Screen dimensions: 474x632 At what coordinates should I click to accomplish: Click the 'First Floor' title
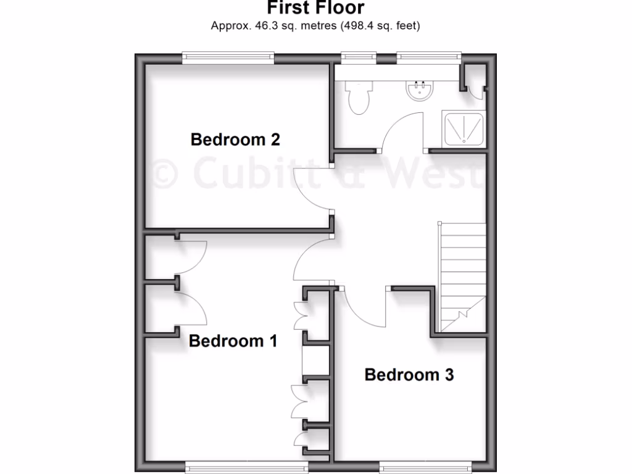(x=315, y=7)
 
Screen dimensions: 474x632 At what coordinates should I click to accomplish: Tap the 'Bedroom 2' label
(x=235, y=139)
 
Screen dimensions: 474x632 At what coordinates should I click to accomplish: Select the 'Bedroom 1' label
(x=233, y=341)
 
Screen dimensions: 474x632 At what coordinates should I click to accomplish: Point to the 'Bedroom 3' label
(x=409, y=375)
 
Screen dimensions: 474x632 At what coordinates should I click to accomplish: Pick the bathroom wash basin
(x=420, y=91)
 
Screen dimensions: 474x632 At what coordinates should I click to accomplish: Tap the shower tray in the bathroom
(x=464, y=130)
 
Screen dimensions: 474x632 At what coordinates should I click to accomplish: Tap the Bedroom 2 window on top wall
(x=228, y=58)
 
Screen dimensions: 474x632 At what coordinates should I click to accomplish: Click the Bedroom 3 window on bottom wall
(x=426, y=464)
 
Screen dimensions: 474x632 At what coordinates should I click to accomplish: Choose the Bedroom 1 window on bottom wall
(x=247, y=464)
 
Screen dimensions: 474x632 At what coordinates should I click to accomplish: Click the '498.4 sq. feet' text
(x=380, y=26)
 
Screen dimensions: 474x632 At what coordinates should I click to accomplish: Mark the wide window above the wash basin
(x=429, y=58)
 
